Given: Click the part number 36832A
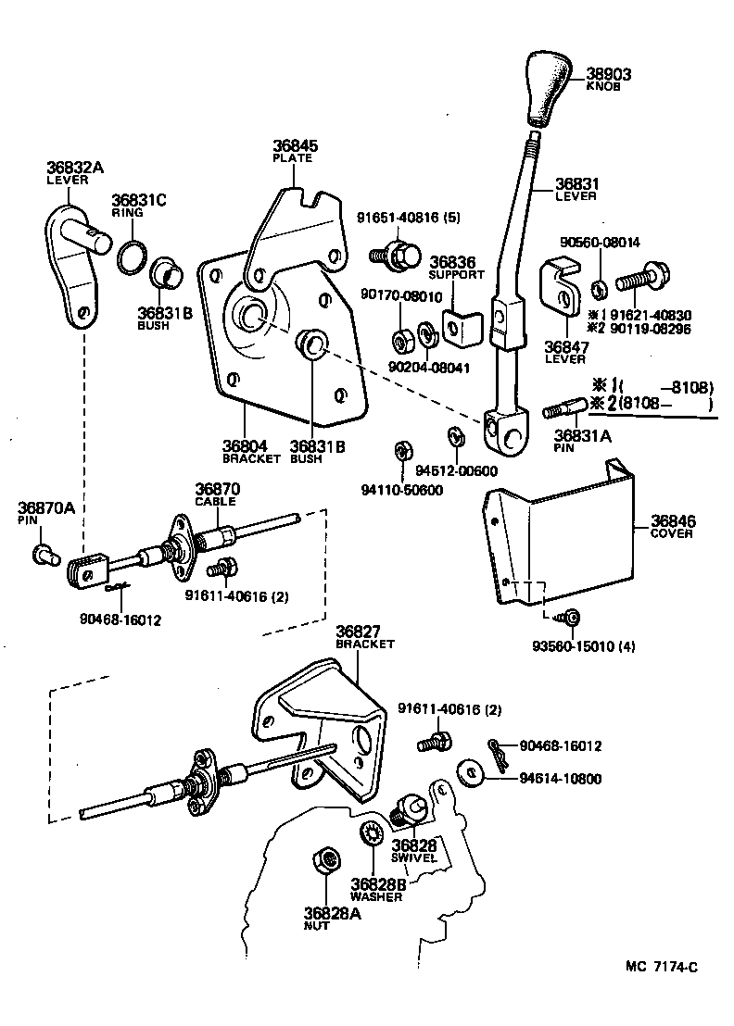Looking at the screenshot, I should coord(75,168).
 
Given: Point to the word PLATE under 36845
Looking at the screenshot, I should coord(292,158).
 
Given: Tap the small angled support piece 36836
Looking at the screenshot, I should coord(459,326).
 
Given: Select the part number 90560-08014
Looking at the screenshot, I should coord(600,243).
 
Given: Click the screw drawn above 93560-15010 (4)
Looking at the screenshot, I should coord(570,617).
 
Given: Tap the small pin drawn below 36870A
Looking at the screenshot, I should coord(41,556).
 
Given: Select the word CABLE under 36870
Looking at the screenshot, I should coord(215,501).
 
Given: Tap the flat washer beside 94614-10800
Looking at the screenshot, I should coord(470,772).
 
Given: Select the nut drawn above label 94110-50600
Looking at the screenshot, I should coord(402,451).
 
